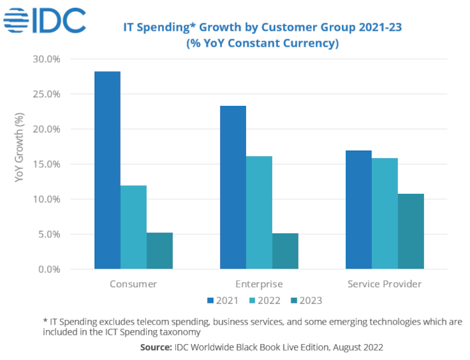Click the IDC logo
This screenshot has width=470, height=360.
pyautogui.click(x=45, y=20)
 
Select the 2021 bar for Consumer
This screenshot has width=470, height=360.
pyautogui.click(x=107, y=170)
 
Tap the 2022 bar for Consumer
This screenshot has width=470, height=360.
pyautogui.click(x=133, y=227)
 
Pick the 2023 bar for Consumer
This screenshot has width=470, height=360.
pyautogui.click(x=159, y=251)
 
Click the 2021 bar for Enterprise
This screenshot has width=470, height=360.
pyautogui.click(x=233, y=187)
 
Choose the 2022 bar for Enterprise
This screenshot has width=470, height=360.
pyautogui.click(x=259, y=213)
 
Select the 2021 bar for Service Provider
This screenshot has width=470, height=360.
pyautogui.click(x=359, y=209)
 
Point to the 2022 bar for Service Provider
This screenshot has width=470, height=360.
pyautogui.click(x=385, y=213)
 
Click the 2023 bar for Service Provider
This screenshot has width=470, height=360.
pyautogui.click(x=411, y=231)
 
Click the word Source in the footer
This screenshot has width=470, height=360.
pyautogui.click(x=156, y=347)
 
